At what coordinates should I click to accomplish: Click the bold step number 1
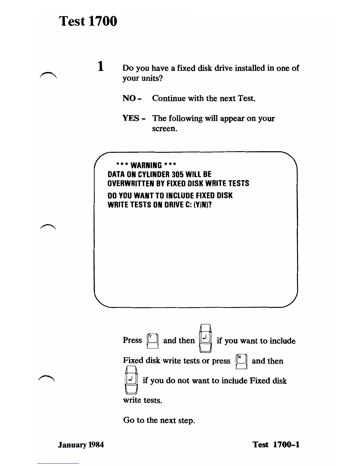click(101, 66)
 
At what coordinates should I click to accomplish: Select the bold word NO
click(129, 98)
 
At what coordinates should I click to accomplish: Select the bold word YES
click(131, 118)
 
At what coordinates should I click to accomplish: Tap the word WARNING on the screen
click(146, 165)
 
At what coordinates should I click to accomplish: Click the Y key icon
click(153, 341)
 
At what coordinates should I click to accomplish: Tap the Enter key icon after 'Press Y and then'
click(206, 338)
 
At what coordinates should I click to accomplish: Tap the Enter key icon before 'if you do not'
click(131, 380)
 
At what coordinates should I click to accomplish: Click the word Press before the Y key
click(132, 340)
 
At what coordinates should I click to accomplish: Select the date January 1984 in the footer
click(81, 445)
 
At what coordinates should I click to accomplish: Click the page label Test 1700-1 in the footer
click(276, 445)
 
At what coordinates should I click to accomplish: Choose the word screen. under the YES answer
click(165, 129)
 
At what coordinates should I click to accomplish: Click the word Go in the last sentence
click(129, 420)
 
